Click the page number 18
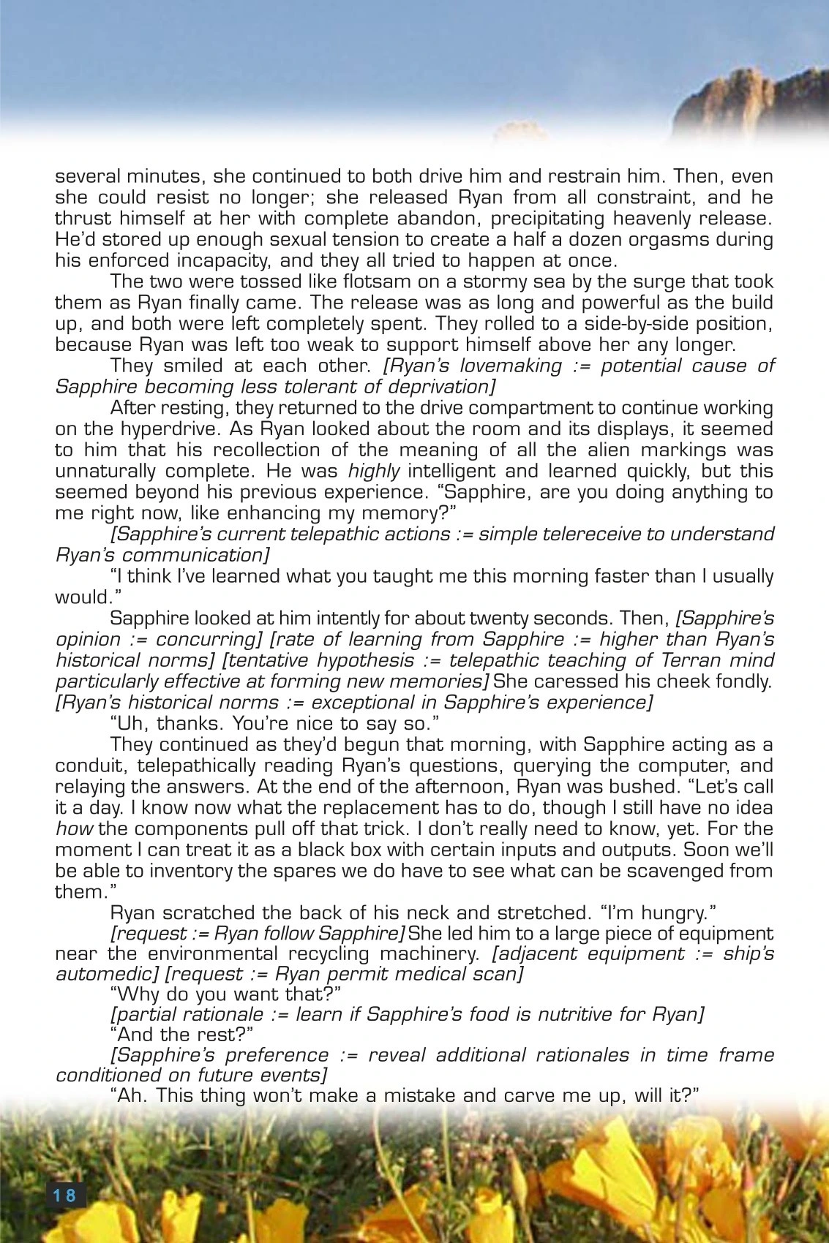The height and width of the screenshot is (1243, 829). (64, 1195)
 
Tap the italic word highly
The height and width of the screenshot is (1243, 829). (374, 472)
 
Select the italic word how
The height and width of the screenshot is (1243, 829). (74, 830)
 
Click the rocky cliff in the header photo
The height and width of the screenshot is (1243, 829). (754, 102)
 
